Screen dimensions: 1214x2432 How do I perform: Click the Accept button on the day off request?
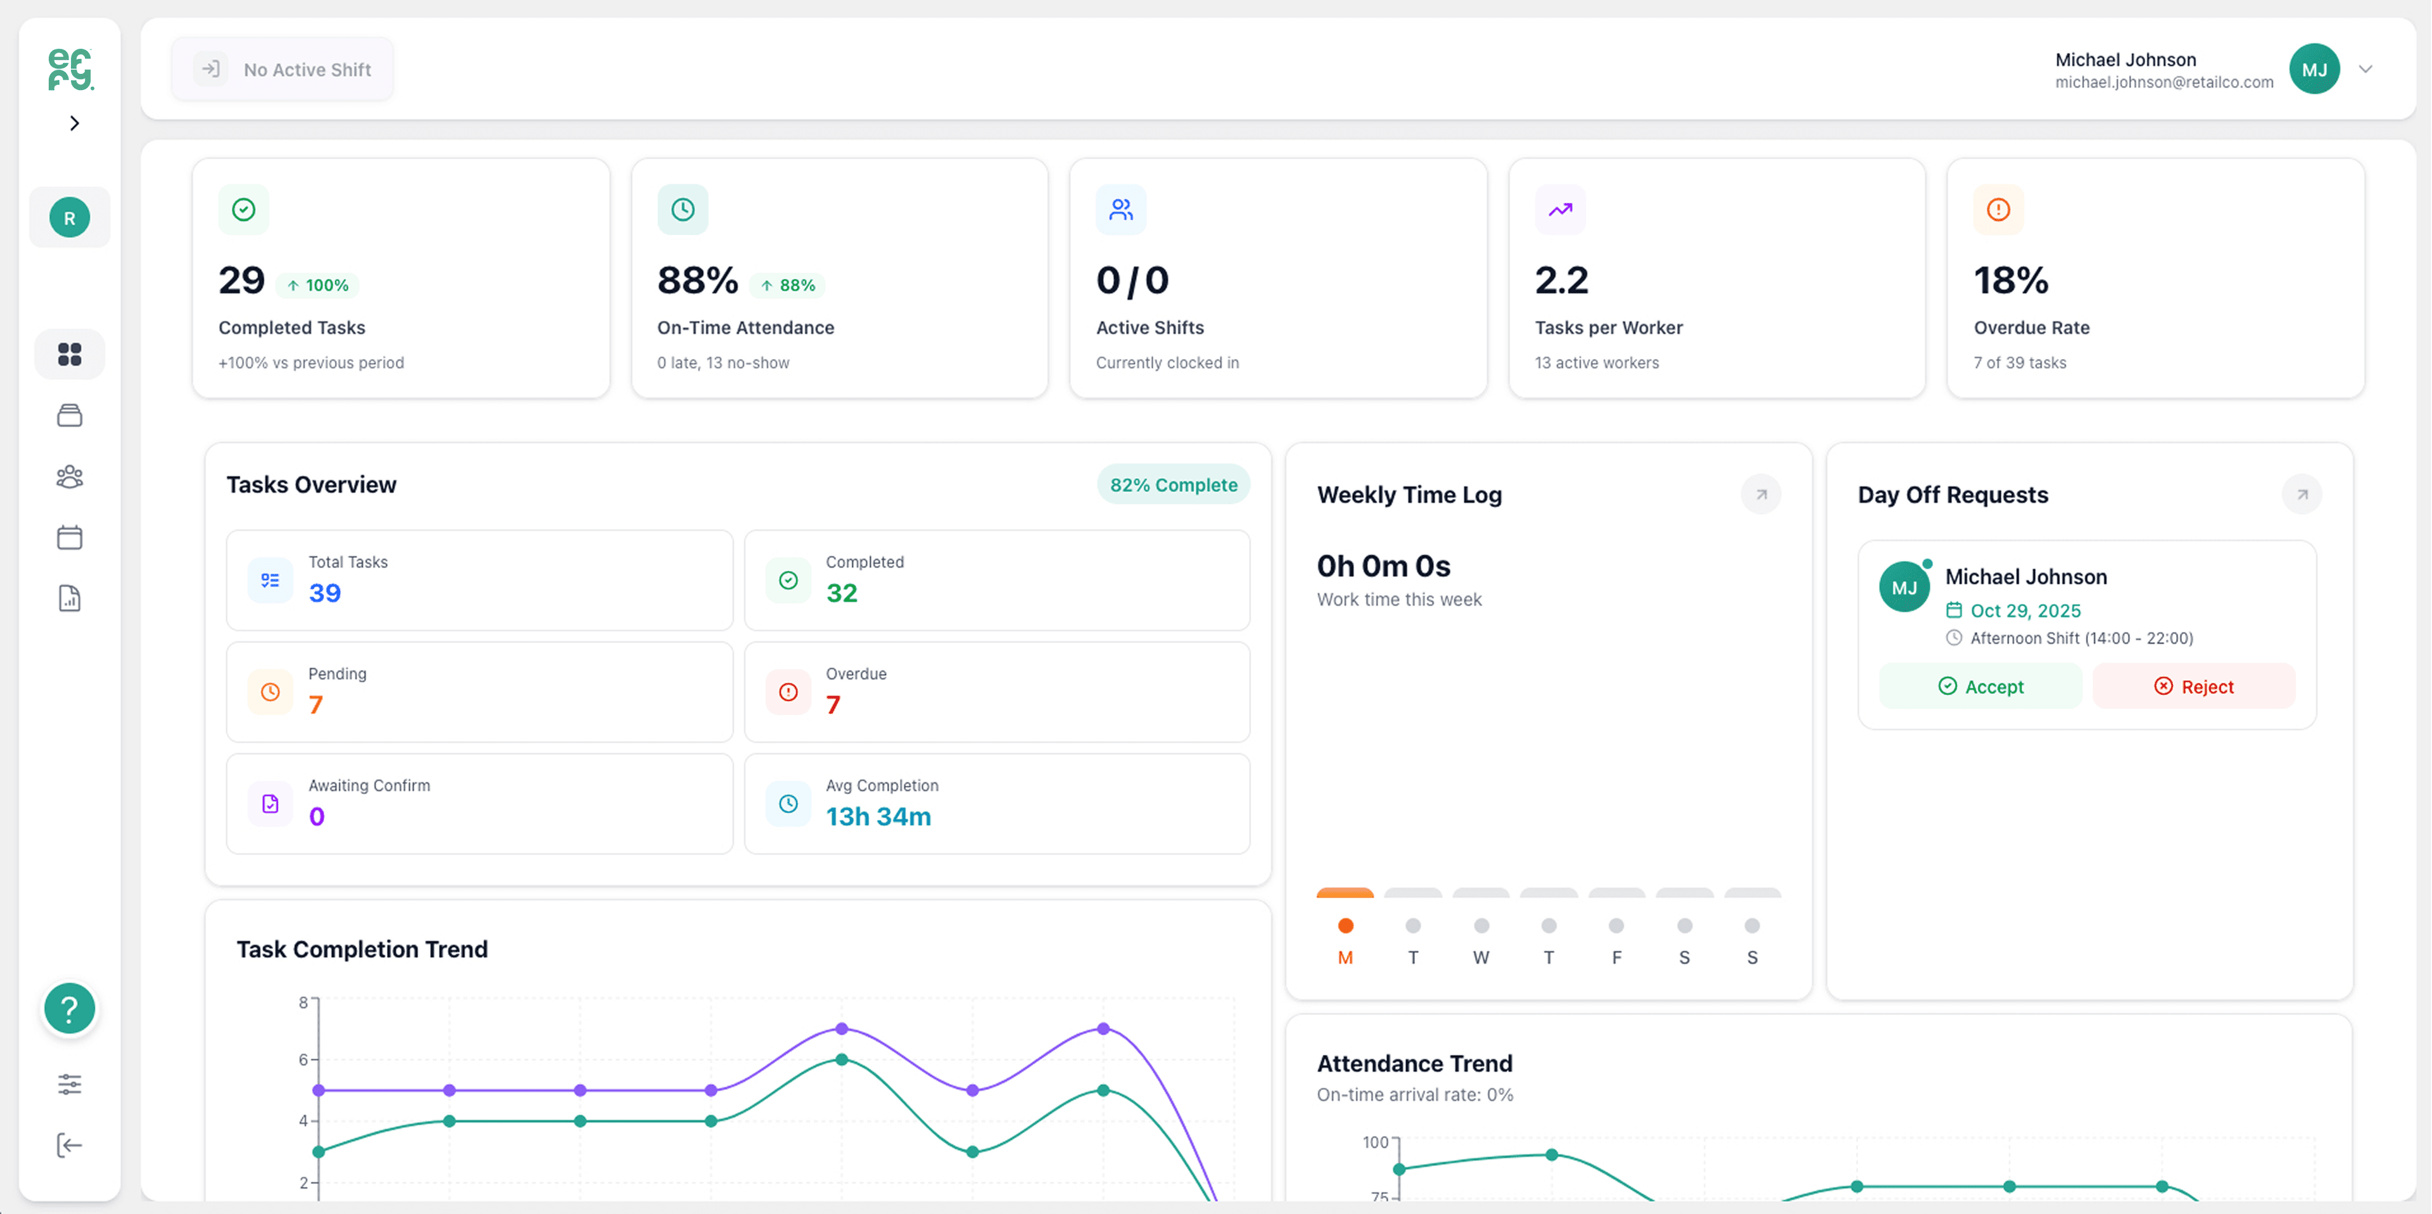1980,686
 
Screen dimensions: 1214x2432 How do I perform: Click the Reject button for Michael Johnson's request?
2193,686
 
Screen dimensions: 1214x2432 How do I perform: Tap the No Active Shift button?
282,69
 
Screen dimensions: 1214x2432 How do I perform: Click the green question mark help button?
69,1008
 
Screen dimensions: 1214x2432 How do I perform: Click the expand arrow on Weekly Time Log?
1760,494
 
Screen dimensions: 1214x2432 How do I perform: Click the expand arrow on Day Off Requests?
2301,494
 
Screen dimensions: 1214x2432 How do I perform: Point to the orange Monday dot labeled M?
1345,925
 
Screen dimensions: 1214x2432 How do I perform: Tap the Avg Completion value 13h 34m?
878,816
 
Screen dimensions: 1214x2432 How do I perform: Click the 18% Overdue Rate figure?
2010,281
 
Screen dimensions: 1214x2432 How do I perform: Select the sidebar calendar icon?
69,537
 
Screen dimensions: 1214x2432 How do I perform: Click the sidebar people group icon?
69,477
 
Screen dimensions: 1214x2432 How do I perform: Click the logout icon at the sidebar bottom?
69,1145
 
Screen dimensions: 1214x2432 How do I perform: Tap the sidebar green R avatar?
69,218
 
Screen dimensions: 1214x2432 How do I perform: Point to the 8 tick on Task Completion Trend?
303,1002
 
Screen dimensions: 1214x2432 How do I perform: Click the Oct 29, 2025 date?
2025,610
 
